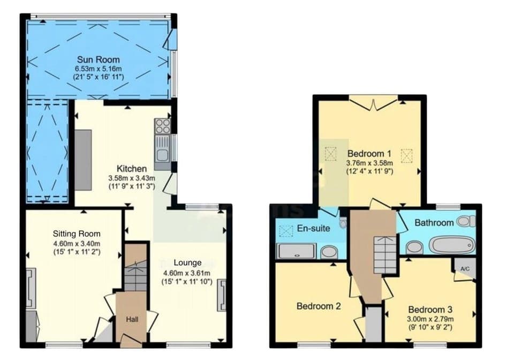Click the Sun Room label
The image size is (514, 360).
pos(98,59)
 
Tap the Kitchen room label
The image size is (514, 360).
pos(132,169)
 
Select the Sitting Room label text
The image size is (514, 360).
pos(77,234)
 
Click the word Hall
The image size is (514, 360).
pos(132,319)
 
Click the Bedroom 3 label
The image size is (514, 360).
pos(430,309)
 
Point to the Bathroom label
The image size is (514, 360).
pos(434,222)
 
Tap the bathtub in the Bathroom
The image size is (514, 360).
pos(452,245)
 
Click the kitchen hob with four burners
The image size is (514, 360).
pos(162,126)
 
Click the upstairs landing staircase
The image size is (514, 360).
pos(385,255)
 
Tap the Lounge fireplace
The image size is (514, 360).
pos(222,295)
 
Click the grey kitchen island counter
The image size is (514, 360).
pos(83,160)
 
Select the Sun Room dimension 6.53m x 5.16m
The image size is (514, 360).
pos(98,69)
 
